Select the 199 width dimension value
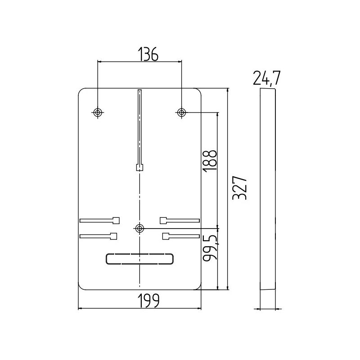(x=149, y=301)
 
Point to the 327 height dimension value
(x=240, y=188)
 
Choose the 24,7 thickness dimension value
(x=266, y=78)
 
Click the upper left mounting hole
(x=98, y=112)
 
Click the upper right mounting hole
(x=182, y=112)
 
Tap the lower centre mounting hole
(x=139, y=229)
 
